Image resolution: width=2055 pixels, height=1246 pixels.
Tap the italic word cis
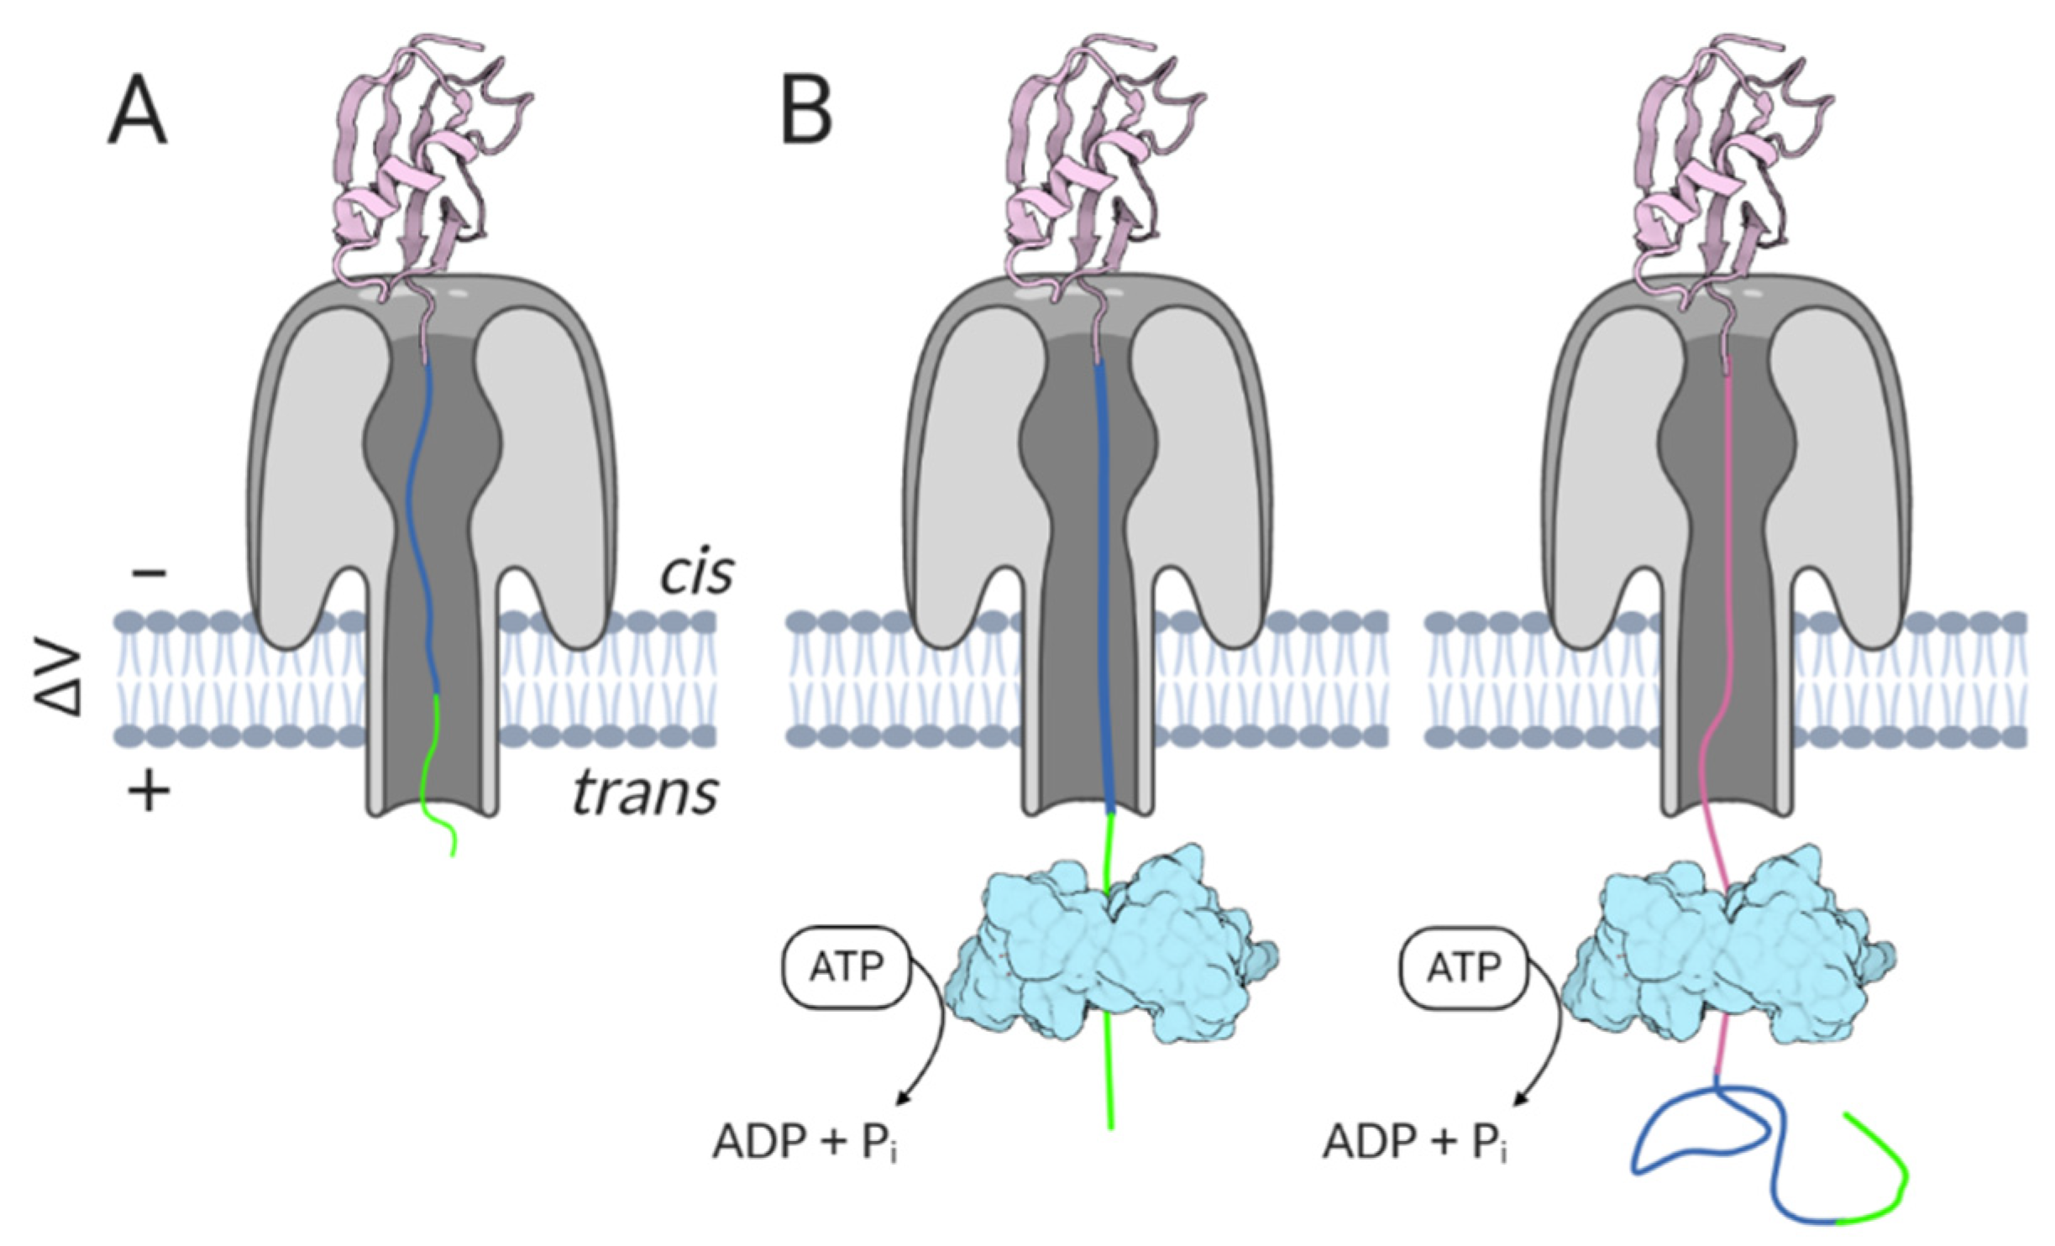pyautogui.click(x=696, y=573)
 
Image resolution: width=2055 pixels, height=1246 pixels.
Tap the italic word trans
pyautogui.click(x=645, y=793)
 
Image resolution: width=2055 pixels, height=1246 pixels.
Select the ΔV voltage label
pyautogui.click(x=61, y=682)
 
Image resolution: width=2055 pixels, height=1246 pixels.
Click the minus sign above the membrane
pyautogui.click(x=150, y=573)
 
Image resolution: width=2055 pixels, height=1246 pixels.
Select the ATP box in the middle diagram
pyautogui.click(x=846, y=968)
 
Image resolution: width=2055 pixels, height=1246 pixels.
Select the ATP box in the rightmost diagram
pyautogui.click(x=1463, y=968)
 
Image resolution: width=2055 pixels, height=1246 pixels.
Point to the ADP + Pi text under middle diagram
pyautogui.click(x=805, y=1142)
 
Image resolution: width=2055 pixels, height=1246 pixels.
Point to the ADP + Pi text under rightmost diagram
pyautogui.click(x=1414, y=1142)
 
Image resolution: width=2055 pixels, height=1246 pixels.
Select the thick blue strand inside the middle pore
pyautogui.click(x=1104, y=588)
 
